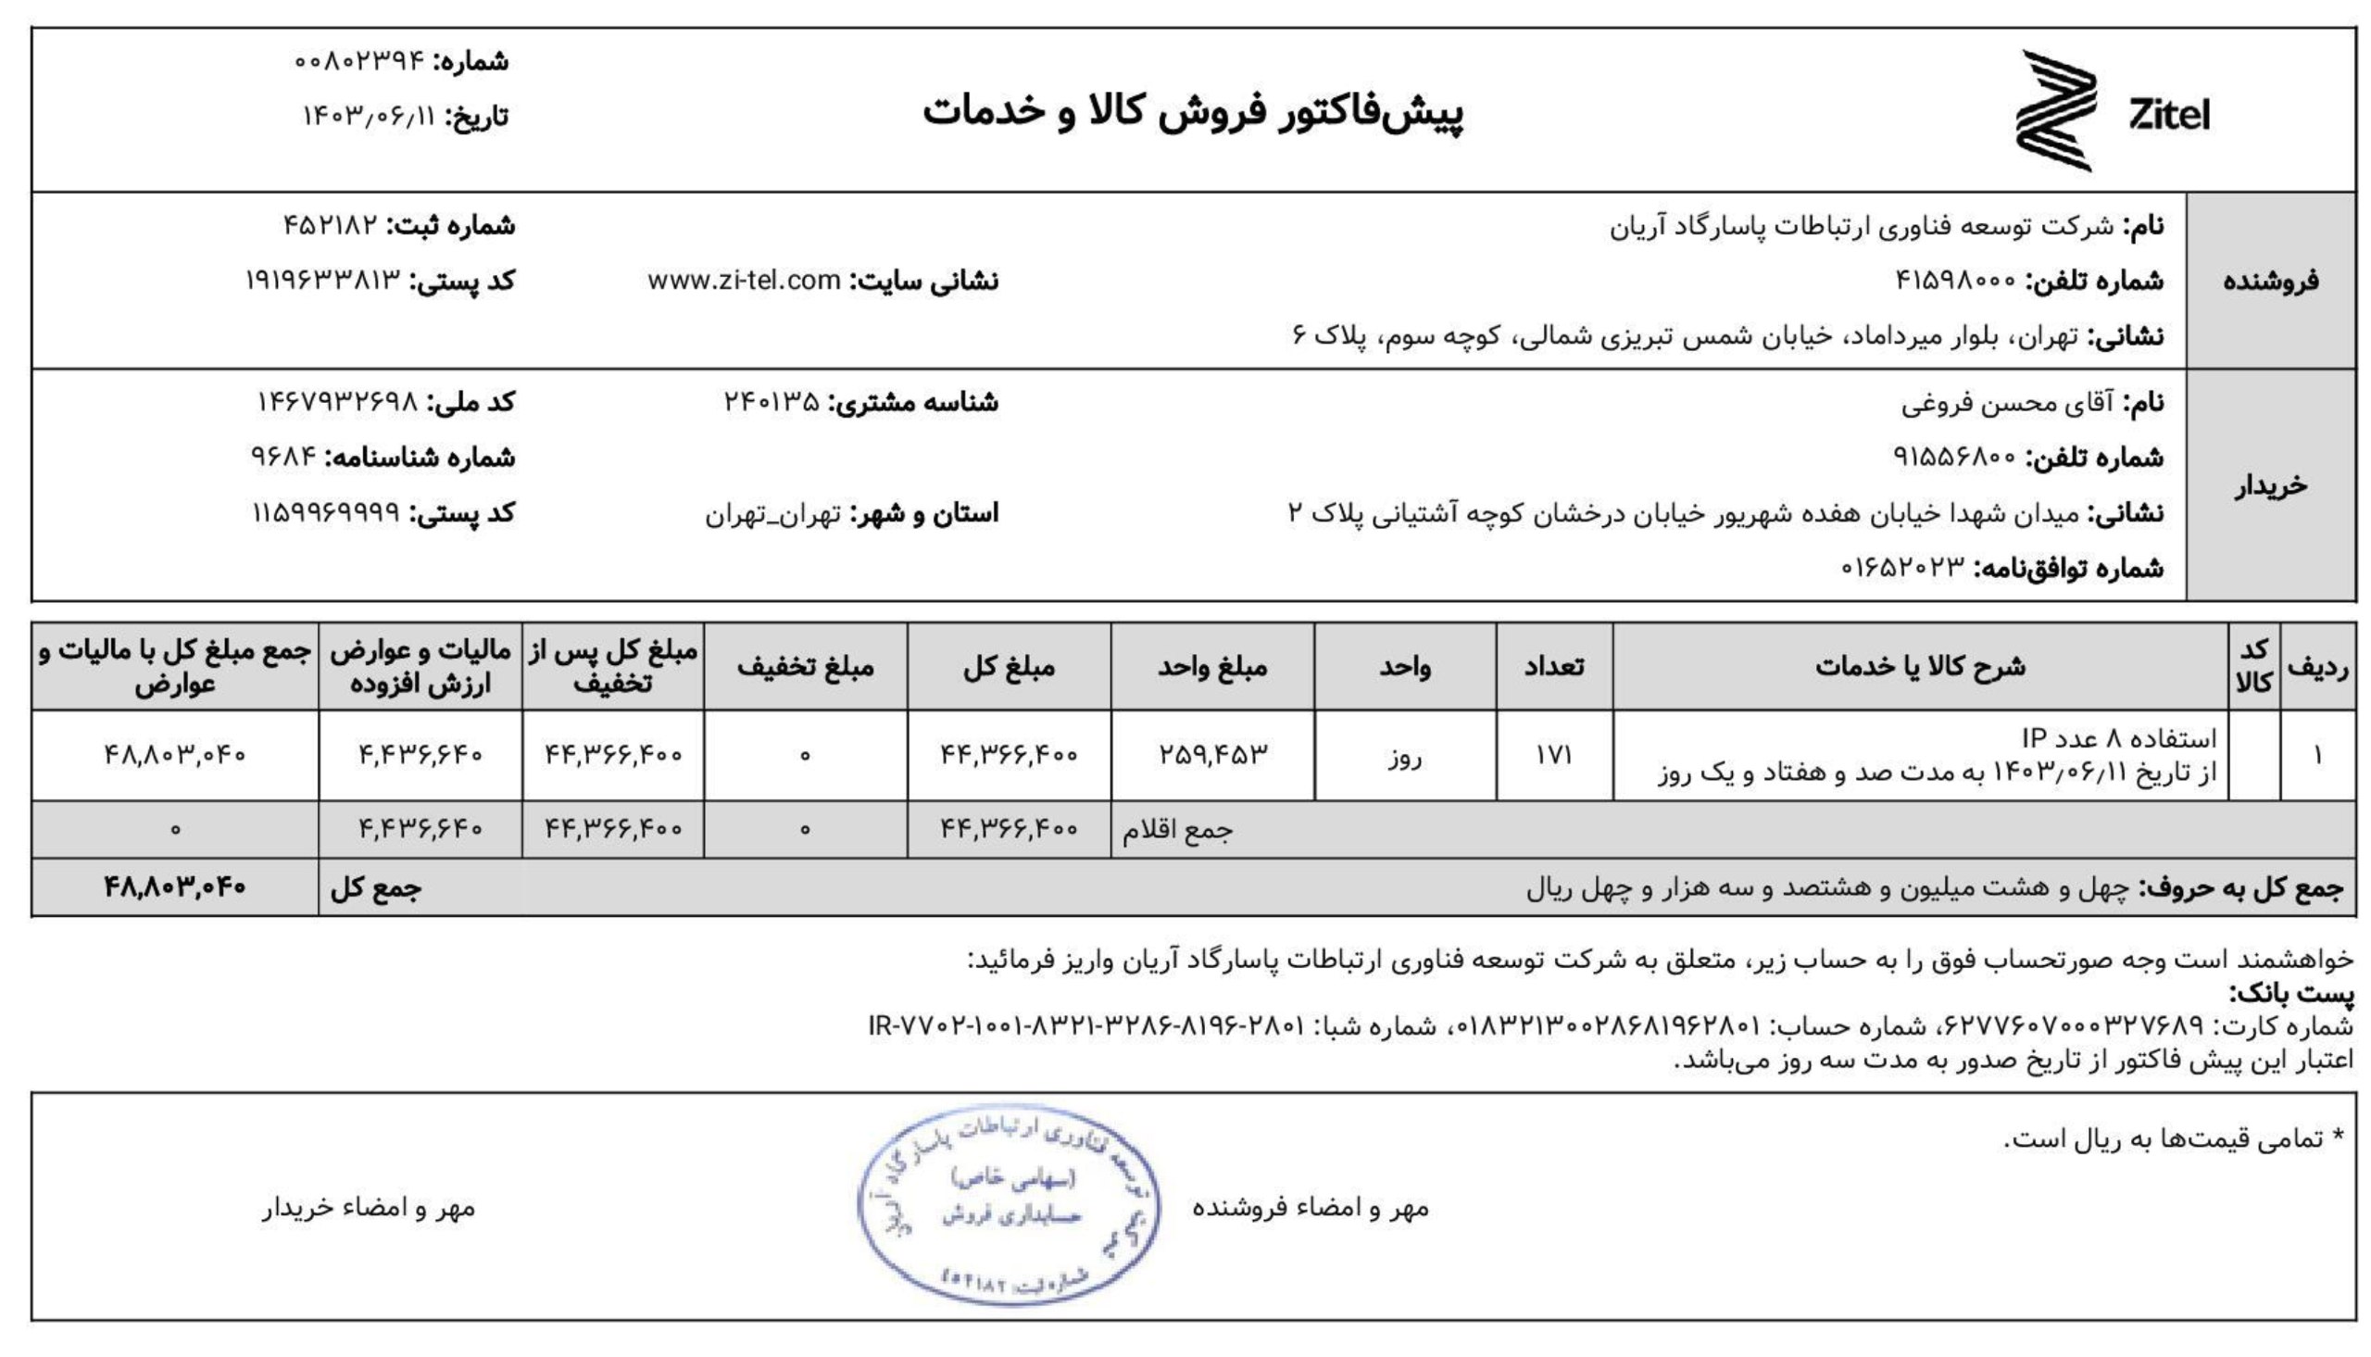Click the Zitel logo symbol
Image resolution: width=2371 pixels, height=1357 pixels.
[x=2055, y=111]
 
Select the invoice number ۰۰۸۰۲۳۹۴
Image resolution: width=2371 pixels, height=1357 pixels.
[x=358, y=61]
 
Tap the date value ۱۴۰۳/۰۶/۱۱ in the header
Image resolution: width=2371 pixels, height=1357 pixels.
[x=369, y=117]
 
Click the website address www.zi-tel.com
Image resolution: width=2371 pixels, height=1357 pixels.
[x=745, y=281]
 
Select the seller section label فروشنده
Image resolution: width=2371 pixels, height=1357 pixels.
[x=2270, y=281]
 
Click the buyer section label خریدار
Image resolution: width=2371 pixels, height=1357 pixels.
[x=2270, y=485]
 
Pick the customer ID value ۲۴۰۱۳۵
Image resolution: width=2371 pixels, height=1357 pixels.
[x=772, y=403]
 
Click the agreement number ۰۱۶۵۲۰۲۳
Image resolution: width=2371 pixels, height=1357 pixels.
[x=1902, y=568]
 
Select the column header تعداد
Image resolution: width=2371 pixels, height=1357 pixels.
[x=1553, y=666]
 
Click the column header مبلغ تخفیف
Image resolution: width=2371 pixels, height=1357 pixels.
[x=805, y=666]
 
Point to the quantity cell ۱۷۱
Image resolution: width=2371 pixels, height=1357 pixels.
[x=1553, y=756]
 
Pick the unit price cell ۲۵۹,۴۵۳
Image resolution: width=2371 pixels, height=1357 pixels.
[x=1212, y=756]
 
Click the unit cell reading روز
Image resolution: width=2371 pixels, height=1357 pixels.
[x=1404, y=758]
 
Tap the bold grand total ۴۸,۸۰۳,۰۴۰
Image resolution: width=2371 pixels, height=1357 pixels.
[x=174, y=886]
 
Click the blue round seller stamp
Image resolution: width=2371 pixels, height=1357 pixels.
[x=1008, y=1204]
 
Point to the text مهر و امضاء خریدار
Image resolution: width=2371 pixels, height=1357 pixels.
[x=369, y=1208]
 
